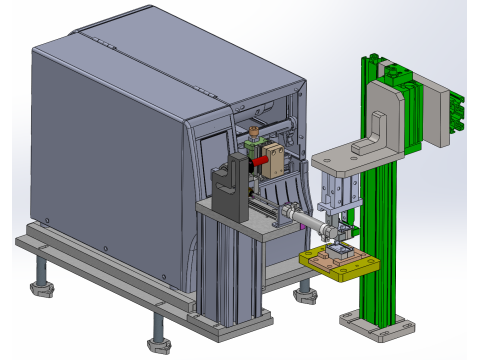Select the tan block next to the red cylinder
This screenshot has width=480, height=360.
273,158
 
